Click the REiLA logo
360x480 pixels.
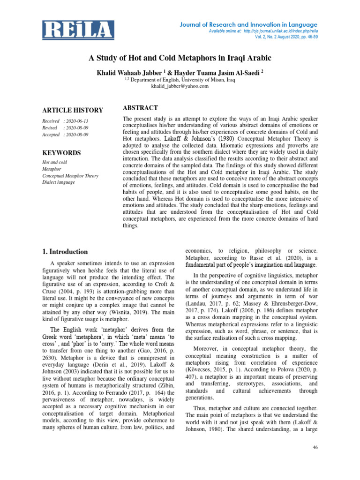coord(78,30)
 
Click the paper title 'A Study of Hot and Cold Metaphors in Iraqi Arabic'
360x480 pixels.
coord(180,58)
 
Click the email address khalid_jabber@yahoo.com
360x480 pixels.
coord(180,86)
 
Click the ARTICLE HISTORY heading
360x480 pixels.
coord(73,111)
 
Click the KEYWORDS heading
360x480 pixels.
coord(61,153)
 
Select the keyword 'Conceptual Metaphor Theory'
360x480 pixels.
coord(70,176)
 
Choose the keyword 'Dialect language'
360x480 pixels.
coord(59,182)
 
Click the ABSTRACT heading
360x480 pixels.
coord(140,108)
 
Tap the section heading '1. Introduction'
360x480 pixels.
coord(65,252)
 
